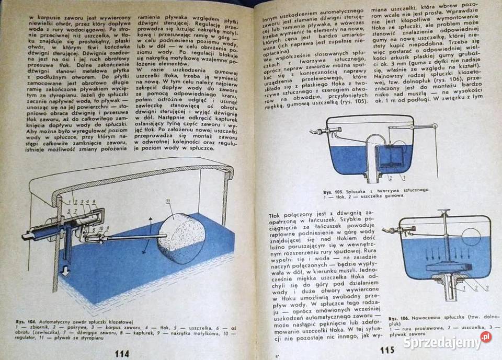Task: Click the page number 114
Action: pos(121,353)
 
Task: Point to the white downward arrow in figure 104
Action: pos(65,273)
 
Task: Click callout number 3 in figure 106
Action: pos(486,288)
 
